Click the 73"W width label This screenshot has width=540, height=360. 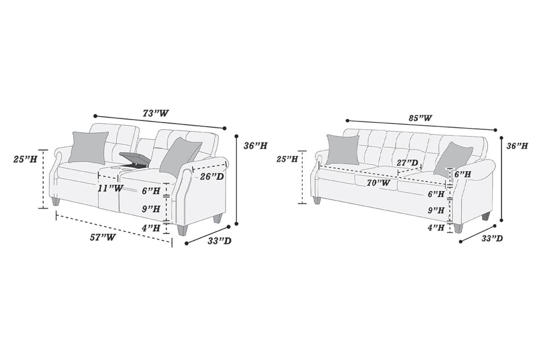coord(156,113)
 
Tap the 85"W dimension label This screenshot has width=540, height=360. coord(420,118)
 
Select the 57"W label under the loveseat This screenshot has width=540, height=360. coord(102,238)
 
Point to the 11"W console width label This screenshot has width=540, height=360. coord(110,188)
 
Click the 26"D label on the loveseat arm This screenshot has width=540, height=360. coord(211,176)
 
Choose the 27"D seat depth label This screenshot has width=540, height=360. coord(407,162)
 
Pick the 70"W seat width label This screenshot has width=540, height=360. coord(378,183)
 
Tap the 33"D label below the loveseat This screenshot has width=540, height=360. coord(220,241)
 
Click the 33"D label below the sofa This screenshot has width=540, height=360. coord(492,238)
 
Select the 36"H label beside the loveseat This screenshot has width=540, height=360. coord(255,146)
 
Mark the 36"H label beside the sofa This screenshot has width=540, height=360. coord(517,146)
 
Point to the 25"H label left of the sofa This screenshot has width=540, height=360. coord(287,159)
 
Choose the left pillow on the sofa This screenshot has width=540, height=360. coord(343,149)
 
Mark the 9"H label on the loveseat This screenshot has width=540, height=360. coord(151,209)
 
